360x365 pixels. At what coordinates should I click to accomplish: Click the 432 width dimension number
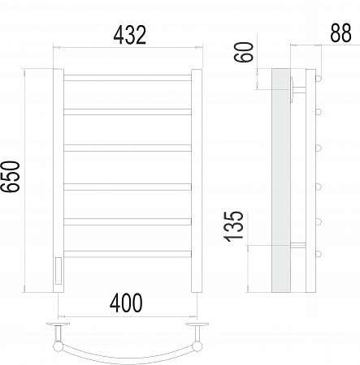130,35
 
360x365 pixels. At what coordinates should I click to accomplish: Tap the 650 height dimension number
11,177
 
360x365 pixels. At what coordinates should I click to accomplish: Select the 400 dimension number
126,303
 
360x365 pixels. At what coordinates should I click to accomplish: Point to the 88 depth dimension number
340,33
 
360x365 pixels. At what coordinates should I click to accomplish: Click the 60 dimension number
244,52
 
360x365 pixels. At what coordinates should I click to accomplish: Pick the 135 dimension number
233,226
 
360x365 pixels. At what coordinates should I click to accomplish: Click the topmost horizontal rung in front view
128,78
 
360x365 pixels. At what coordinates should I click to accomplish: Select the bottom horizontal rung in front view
128,254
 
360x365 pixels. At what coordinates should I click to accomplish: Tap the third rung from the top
128,148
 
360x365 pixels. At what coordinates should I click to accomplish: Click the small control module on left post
59,271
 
